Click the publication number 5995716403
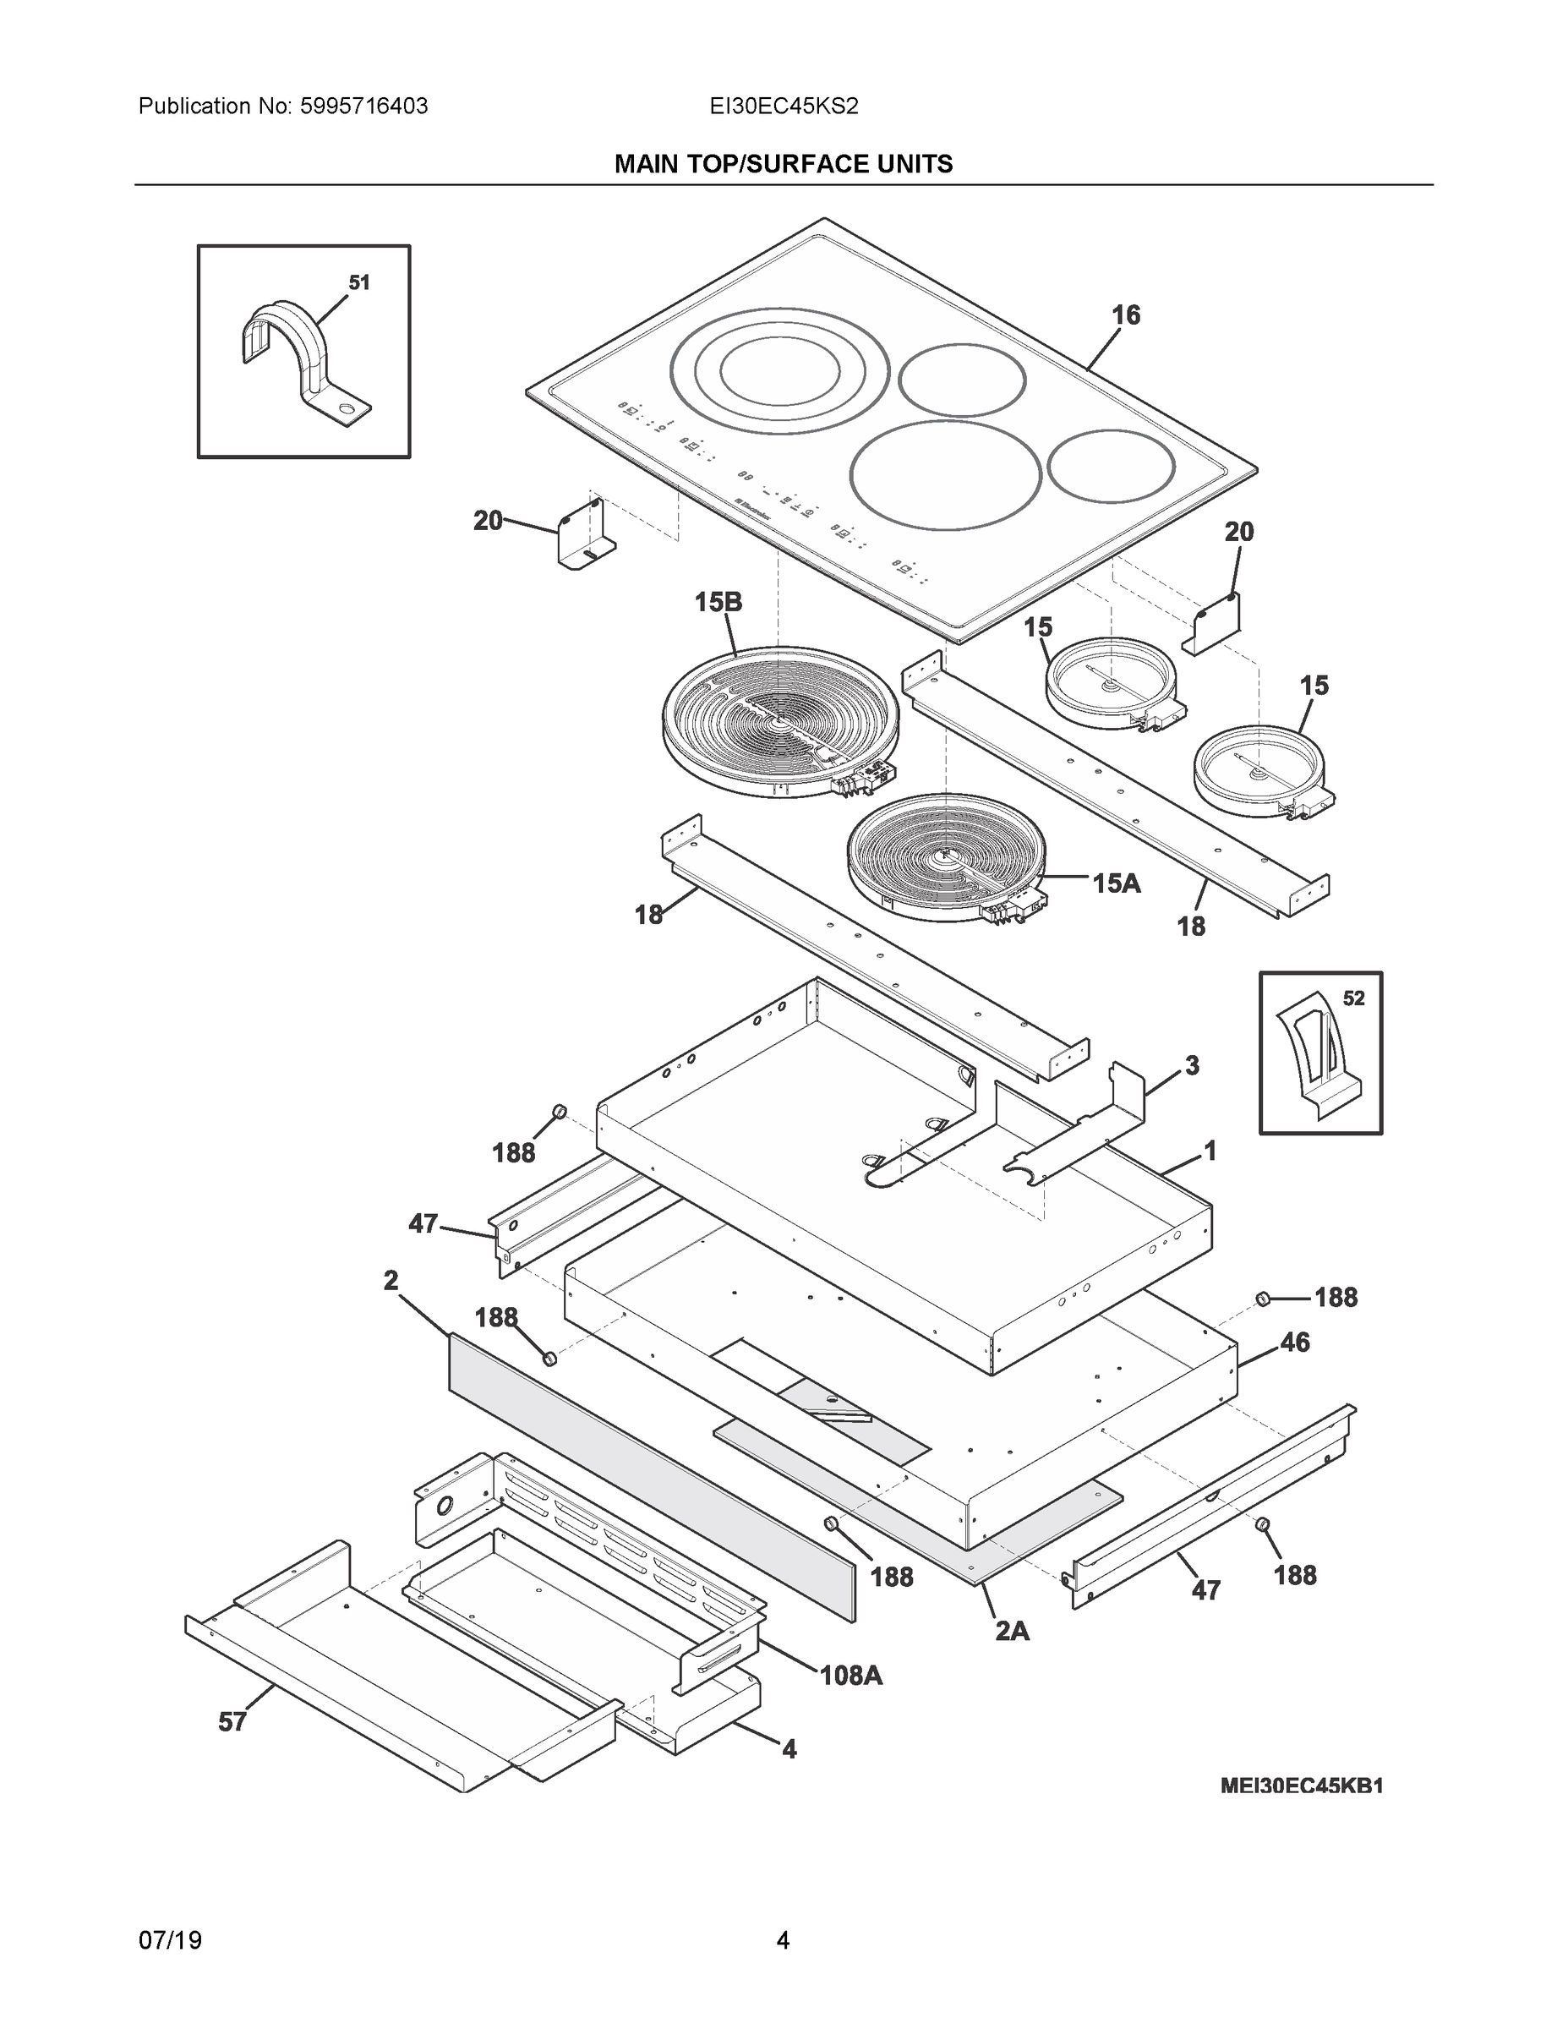[x=363, y=107]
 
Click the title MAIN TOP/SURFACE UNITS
[x=783, y=165]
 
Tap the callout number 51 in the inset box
[x=358, y=282]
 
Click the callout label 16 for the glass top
[x=1126, y=316]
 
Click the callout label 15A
[x=1116, y=883]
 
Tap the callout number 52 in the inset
[x=1353, y=998]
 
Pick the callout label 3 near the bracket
[x=1192, y=1065]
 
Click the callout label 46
[x=1295, y=1343]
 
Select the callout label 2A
[x=1012, y=1631]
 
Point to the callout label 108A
[x=850, y=1676]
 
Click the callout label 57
[x=232, y=1722]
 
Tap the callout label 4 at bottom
[x=789, y=1750]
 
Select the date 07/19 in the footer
[x=170, y=1940]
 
